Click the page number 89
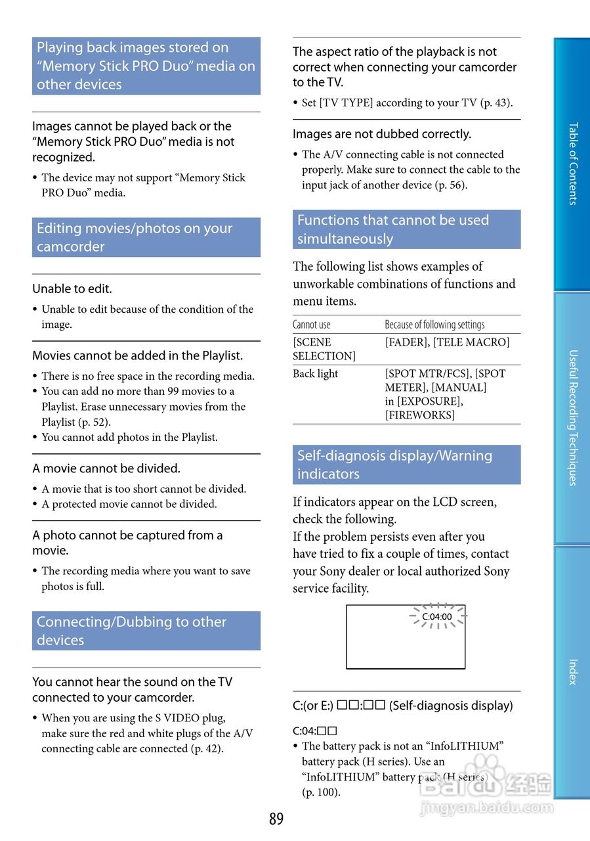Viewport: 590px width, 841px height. click(x=276, y=819)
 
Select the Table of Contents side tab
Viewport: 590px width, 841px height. click(x=572, y=164)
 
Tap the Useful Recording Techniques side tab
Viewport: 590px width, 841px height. click(x=572, y=418)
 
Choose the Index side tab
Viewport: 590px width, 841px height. click(x=572, y=671)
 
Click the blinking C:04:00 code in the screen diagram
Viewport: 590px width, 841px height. click(x=437, y=617)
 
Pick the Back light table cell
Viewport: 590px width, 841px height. click(x=316, y=374)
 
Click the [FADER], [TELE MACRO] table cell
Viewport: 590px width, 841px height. click(x=447, y=342)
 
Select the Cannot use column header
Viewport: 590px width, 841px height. click(x=312, y=325)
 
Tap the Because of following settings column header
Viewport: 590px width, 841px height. click(x=434, y=325)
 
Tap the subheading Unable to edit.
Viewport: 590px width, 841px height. click(x=72, y=288)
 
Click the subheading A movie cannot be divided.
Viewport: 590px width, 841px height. click(x=106, y=468)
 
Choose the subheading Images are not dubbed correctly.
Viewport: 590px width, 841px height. click(x=382, y=134)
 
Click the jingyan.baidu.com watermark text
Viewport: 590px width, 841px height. click(x=486, y=807)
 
